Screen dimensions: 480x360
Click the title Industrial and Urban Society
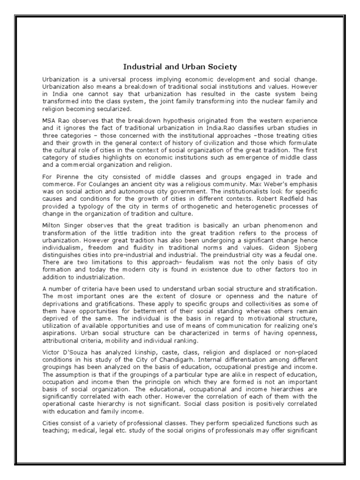(x=180, y=67)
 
